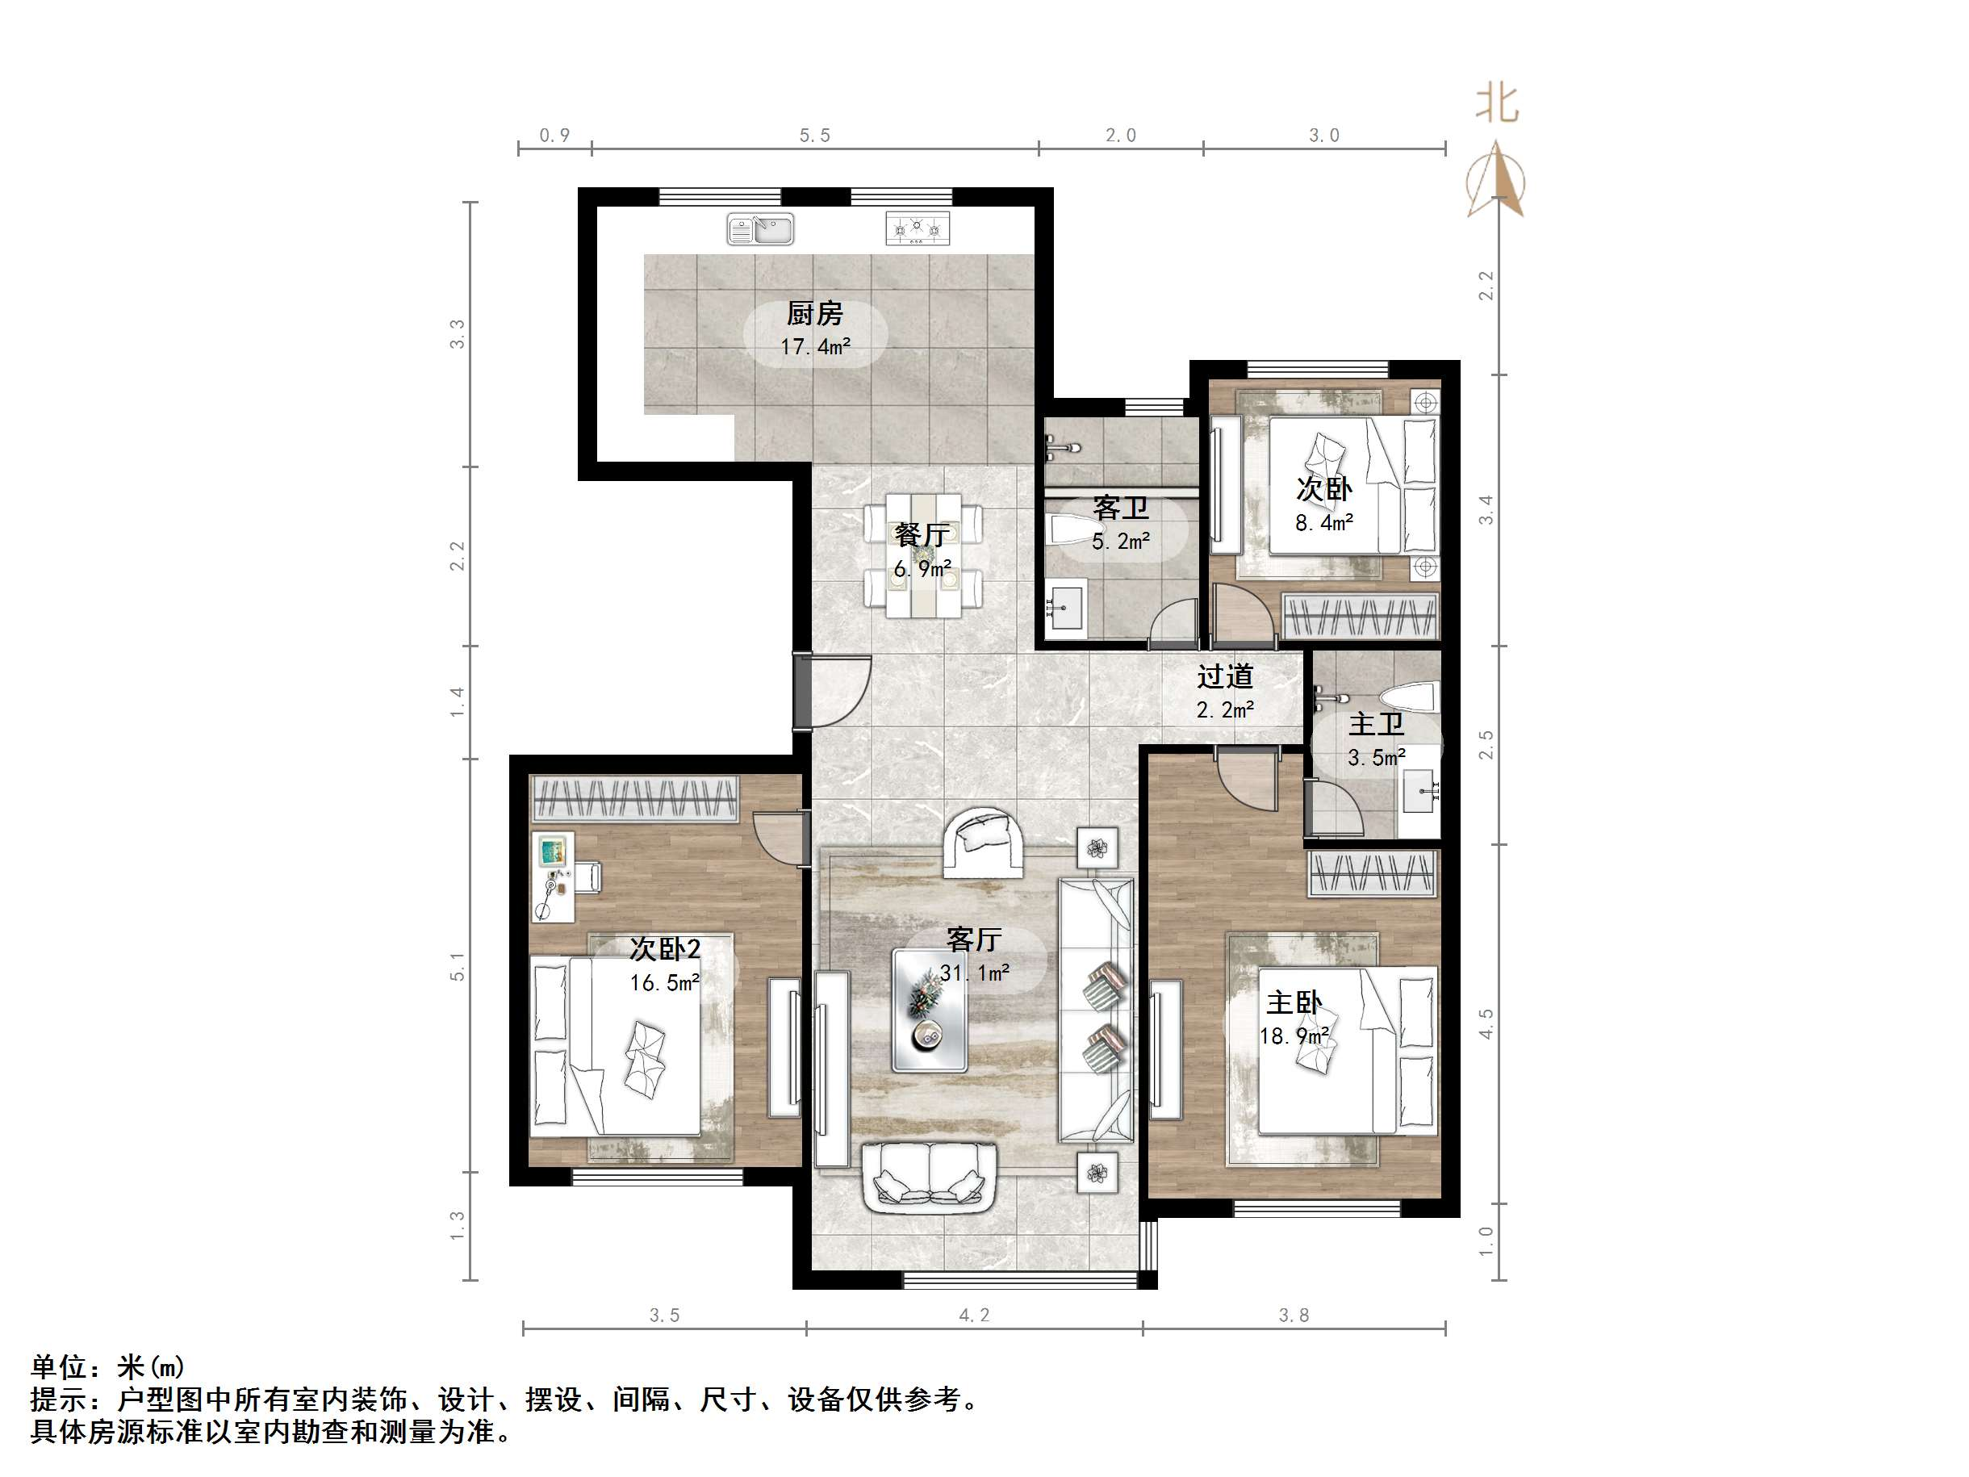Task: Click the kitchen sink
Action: (760, 228)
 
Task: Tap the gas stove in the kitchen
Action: (918, 228)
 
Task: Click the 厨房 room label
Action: (814, 313)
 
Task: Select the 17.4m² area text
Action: (815, 346)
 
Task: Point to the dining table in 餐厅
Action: (923, 556)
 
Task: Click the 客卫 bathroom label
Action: (1121, 508)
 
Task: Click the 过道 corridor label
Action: (1225, 676)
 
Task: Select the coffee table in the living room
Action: (930, 1010)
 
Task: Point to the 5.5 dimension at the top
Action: (814, 136)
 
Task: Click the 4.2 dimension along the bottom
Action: (974, 1315)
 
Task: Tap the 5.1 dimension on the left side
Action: (457, 966)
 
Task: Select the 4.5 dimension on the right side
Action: (1486, 1023)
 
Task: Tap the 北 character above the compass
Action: (1497, 103)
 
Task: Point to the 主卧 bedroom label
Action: (1294, 1003)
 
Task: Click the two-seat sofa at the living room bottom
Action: (930, 1176)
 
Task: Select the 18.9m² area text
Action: (1294, 1036)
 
